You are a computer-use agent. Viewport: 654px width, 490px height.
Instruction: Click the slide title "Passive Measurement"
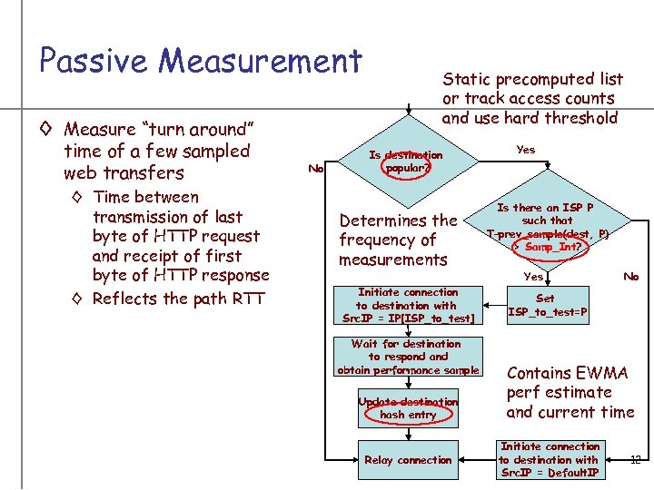(201, 61)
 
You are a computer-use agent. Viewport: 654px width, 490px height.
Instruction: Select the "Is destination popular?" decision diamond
(406, 162)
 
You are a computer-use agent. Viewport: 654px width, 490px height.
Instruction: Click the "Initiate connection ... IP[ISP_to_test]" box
(408, 306)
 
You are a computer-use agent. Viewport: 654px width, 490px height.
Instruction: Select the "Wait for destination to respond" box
(407, 357)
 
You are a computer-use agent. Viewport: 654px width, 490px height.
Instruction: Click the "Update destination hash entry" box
(408, 408)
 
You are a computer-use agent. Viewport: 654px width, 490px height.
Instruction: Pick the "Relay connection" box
(407, 460)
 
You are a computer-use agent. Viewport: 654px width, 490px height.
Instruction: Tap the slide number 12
(635, 460)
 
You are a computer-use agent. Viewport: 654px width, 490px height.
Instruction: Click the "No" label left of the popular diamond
(316, 168)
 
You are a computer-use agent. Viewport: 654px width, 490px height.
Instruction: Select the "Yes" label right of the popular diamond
(525, 150)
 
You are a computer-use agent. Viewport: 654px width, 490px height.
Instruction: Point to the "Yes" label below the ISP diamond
(533, 277)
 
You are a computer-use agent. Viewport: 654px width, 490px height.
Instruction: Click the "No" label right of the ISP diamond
(629, 277)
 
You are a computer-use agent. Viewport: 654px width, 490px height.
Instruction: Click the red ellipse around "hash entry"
(408, 414)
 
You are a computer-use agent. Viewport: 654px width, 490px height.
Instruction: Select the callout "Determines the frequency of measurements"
(398, 240)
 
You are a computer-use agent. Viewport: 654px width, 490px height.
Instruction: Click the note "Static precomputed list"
(531, 79)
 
